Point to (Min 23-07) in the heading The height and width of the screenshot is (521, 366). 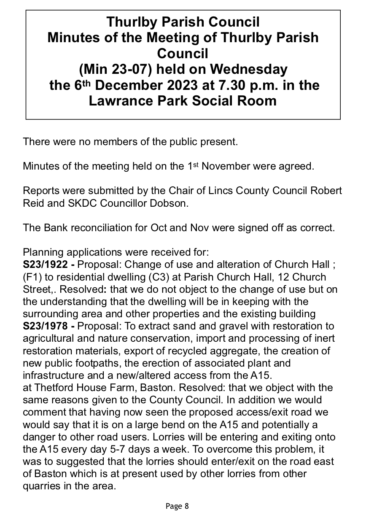pyautogui.click(x=110, y=69)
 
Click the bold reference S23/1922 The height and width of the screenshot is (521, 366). pyautogui.click(x=46, y=265)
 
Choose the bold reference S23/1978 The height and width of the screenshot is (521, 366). pyautogui.click(x=46, y=327)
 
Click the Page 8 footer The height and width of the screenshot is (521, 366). pyautogui.click(x=177, y=506)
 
